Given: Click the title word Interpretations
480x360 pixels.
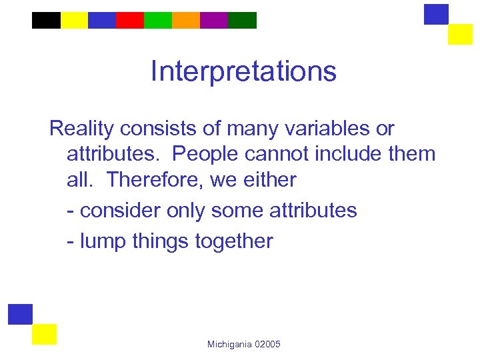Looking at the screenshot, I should pyautogui.click(x=243, y=71).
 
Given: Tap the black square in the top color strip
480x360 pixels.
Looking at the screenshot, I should pyautogui.click(x=46, y=20).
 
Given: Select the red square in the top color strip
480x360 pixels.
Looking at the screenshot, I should pyautogui.click(x=130, y=20).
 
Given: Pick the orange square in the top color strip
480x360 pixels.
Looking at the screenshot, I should pyautogui.click(x=186, y=20).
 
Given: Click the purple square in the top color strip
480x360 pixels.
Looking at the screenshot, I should pyautogui.click(x=214, y=20).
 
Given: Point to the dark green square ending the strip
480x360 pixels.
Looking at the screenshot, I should pyautogui.click(x=242, y=20).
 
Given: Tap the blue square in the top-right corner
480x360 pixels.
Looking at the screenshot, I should pyautogui.click(x=436, y=14).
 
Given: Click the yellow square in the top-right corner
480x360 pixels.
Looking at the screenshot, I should pyautogui.click(x=460, y=34).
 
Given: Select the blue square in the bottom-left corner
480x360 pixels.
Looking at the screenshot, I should pyautogui.click(x=20, y=314).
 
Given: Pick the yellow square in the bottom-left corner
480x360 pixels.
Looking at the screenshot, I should pyautogui.click(x=44, y=334).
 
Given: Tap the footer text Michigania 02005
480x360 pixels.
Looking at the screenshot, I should pyautogui.click(x=244, y=344).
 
